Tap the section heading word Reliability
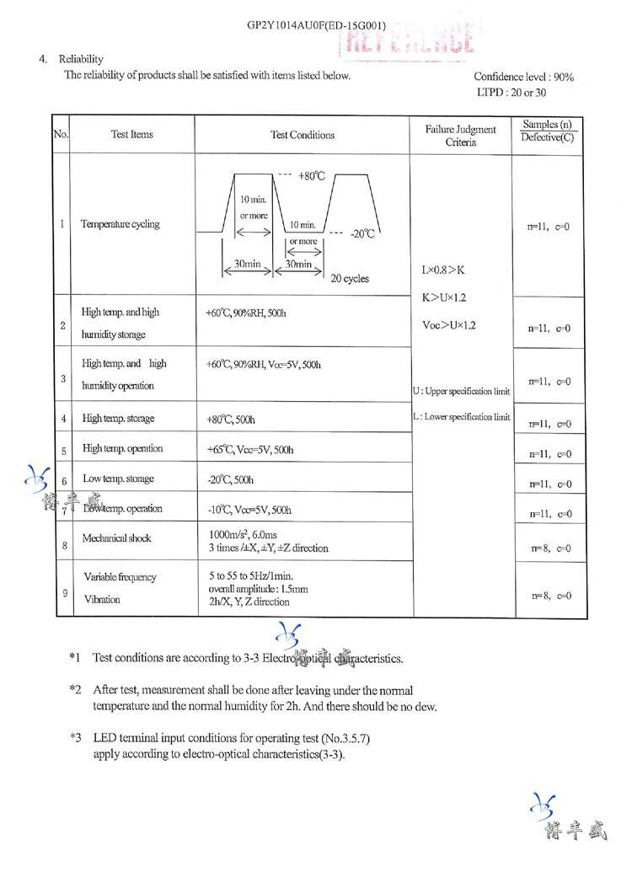[x=81, y=59]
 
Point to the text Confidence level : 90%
[x=523, y=77]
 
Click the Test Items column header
[x=132, y=135]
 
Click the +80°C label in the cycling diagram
[x=311, y=176]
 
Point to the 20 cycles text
[x=350, y=279]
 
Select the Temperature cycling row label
[x=120, y=224]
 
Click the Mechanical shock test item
[x=117, y=537]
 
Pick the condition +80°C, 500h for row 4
[x=230, y=419]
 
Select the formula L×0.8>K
[x=443, y=270]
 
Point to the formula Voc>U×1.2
[x=449, y=325]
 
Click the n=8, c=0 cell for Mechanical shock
[x=551, y=548]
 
